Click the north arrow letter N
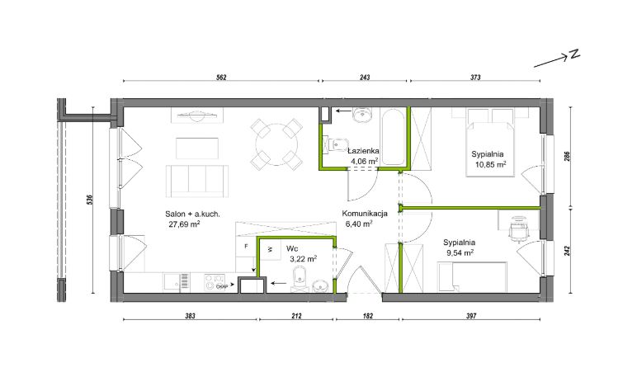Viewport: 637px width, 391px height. click(x=574, y=54)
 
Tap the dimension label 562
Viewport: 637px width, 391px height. click(x=221, y=78)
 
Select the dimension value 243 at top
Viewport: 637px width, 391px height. click(x=365, y=78)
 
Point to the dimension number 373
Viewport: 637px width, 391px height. click(x=475, y=78)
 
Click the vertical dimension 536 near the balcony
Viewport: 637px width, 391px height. click(x=90, y=200)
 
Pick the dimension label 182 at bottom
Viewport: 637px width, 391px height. click(x=368, y=315)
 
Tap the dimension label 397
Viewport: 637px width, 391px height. click(x=471, y=315)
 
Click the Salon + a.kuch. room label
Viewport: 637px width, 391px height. click(x=192, y=214)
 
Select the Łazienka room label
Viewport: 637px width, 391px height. click(x=364, y=151)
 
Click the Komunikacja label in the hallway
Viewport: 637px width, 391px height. click(x=365, y=213)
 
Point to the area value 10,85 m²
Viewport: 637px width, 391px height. click(x=490, y=164)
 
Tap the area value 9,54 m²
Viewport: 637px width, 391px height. click(x=459, y=252)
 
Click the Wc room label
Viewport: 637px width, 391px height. click(x=291, y=248)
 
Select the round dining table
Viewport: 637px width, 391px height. click(x=276, y=144)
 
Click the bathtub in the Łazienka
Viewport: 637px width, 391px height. click(x=393, y=136)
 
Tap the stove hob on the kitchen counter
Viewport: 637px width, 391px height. click(x=214, y=282)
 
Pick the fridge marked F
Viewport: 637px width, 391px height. click(x=246, y=247)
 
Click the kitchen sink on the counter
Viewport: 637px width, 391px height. click(x=177, y=281)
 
